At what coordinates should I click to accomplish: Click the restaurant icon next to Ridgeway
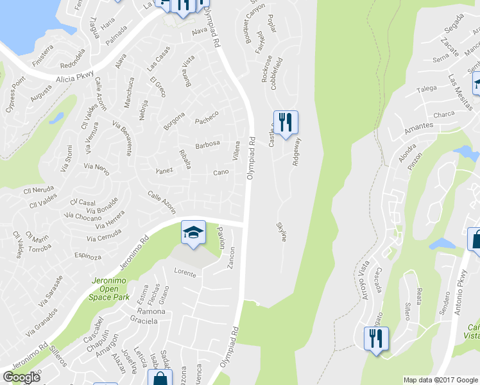(286, 122)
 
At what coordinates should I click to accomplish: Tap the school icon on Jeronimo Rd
(193, 232)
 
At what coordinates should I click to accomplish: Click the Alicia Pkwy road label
(75, 76)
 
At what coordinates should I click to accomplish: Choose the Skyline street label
(281, 232)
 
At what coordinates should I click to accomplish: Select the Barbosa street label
(208, 144)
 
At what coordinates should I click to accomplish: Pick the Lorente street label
(185, 272)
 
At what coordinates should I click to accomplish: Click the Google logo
(21, 377)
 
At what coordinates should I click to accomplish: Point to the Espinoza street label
(88, 255)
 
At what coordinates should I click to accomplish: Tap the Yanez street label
(165, 171)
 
